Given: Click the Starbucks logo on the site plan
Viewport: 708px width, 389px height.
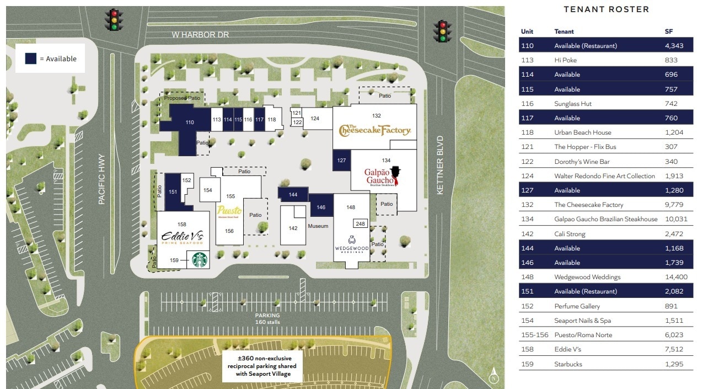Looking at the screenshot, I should click(x=199, y=259).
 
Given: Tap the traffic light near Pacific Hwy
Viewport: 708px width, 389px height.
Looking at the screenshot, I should click(x=115, y=20).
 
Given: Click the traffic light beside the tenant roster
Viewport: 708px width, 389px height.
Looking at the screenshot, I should click(x=441, y=31).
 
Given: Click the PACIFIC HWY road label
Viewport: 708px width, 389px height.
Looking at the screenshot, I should click(x=101, y=179).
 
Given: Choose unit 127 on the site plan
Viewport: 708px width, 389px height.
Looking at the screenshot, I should click(x=341, y=161).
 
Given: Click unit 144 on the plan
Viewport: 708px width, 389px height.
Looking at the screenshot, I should click(x=293, y=194).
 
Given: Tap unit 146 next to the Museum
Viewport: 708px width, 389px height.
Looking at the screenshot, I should click(x=321, y=207).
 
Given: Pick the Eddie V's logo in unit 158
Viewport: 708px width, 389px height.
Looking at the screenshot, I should click(x=183, y=238).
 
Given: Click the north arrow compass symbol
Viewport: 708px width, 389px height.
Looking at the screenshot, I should click(x=495, y=376).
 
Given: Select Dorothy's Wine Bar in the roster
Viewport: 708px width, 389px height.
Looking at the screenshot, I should click(x=581, y=162).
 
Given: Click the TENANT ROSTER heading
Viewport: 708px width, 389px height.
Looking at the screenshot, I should click(x=606, y=9).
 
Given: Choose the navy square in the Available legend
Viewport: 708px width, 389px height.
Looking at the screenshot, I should click(x=31, y=58).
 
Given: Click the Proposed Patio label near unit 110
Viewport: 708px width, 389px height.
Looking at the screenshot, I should click(x=182, y=98).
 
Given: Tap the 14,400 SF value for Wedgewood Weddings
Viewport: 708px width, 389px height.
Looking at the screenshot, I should click(x=675, y=277).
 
